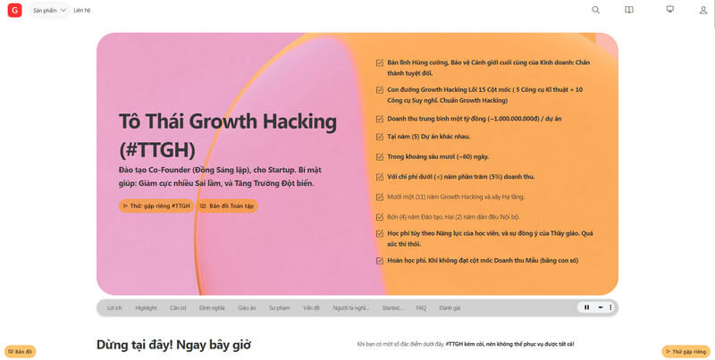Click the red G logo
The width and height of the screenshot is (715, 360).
14,11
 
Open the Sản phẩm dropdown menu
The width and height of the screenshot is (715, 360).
50,11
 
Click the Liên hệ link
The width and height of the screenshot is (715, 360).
82,11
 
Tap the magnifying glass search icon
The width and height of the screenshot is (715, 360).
596,10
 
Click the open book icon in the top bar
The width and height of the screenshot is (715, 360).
629,10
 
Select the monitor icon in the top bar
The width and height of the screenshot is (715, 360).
669,10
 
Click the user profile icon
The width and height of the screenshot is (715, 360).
703,10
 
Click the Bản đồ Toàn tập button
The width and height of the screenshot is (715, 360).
226,205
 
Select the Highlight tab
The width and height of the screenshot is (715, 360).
146,307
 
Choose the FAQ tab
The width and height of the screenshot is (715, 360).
421,307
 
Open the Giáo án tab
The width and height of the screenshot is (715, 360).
247,307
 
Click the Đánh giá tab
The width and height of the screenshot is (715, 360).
450,307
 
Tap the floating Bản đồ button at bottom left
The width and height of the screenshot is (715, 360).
21,351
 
